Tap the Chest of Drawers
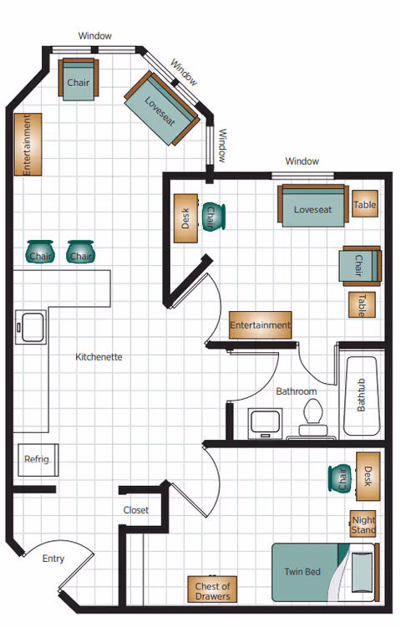tap(212, 590)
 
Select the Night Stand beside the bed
tap(363, 524)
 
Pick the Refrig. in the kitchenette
tap(37, 459)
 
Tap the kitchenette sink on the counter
tap(32, 326)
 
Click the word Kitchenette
tap(99, 357)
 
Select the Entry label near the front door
tap(53, 559)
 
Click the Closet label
tap(135, 510)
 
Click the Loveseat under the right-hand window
tap(312, 206)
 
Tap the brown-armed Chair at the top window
tap(79, 83)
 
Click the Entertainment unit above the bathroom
tap(260, 324)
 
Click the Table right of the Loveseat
tap(364, 205)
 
